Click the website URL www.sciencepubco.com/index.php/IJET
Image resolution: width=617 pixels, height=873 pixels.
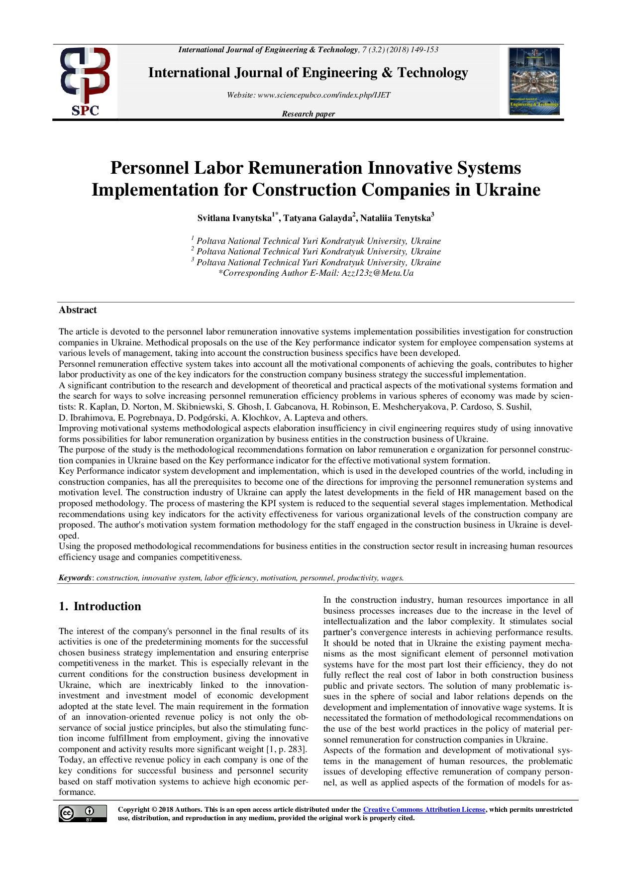pyautogui.click(x=324, y=95)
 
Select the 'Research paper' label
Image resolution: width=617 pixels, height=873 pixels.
pyautogui.click(x=308, y=114)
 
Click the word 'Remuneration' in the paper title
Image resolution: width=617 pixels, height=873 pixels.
pyautogui.click(x=306, y=168)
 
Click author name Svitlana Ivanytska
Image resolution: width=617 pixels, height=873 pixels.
pyautogui.click(x=234, y=218)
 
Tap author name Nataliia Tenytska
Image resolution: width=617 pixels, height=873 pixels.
pyautogui.click(x=395, y=218)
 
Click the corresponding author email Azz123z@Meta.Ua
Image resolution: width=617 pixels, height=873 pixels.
pyautogui.click(x=377, y=273)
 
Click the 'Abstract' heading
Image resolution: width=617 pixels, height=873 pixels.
pyautogui.click(x=78, y=310)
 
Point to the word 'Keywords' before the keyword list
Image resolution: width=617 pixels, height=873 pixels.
pyautogui.click(x=75, y=578)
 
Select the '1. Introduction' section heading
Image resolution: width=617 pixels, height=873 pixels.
pyautogui.click(x=100, y=606)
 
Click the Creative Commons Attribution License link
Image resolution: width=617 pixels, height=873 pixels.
pyautogui.click(x=424, y=810)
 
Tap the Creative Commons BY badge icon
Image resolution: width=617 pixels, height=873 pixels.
pyautogui.click(x=83, y=813)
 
